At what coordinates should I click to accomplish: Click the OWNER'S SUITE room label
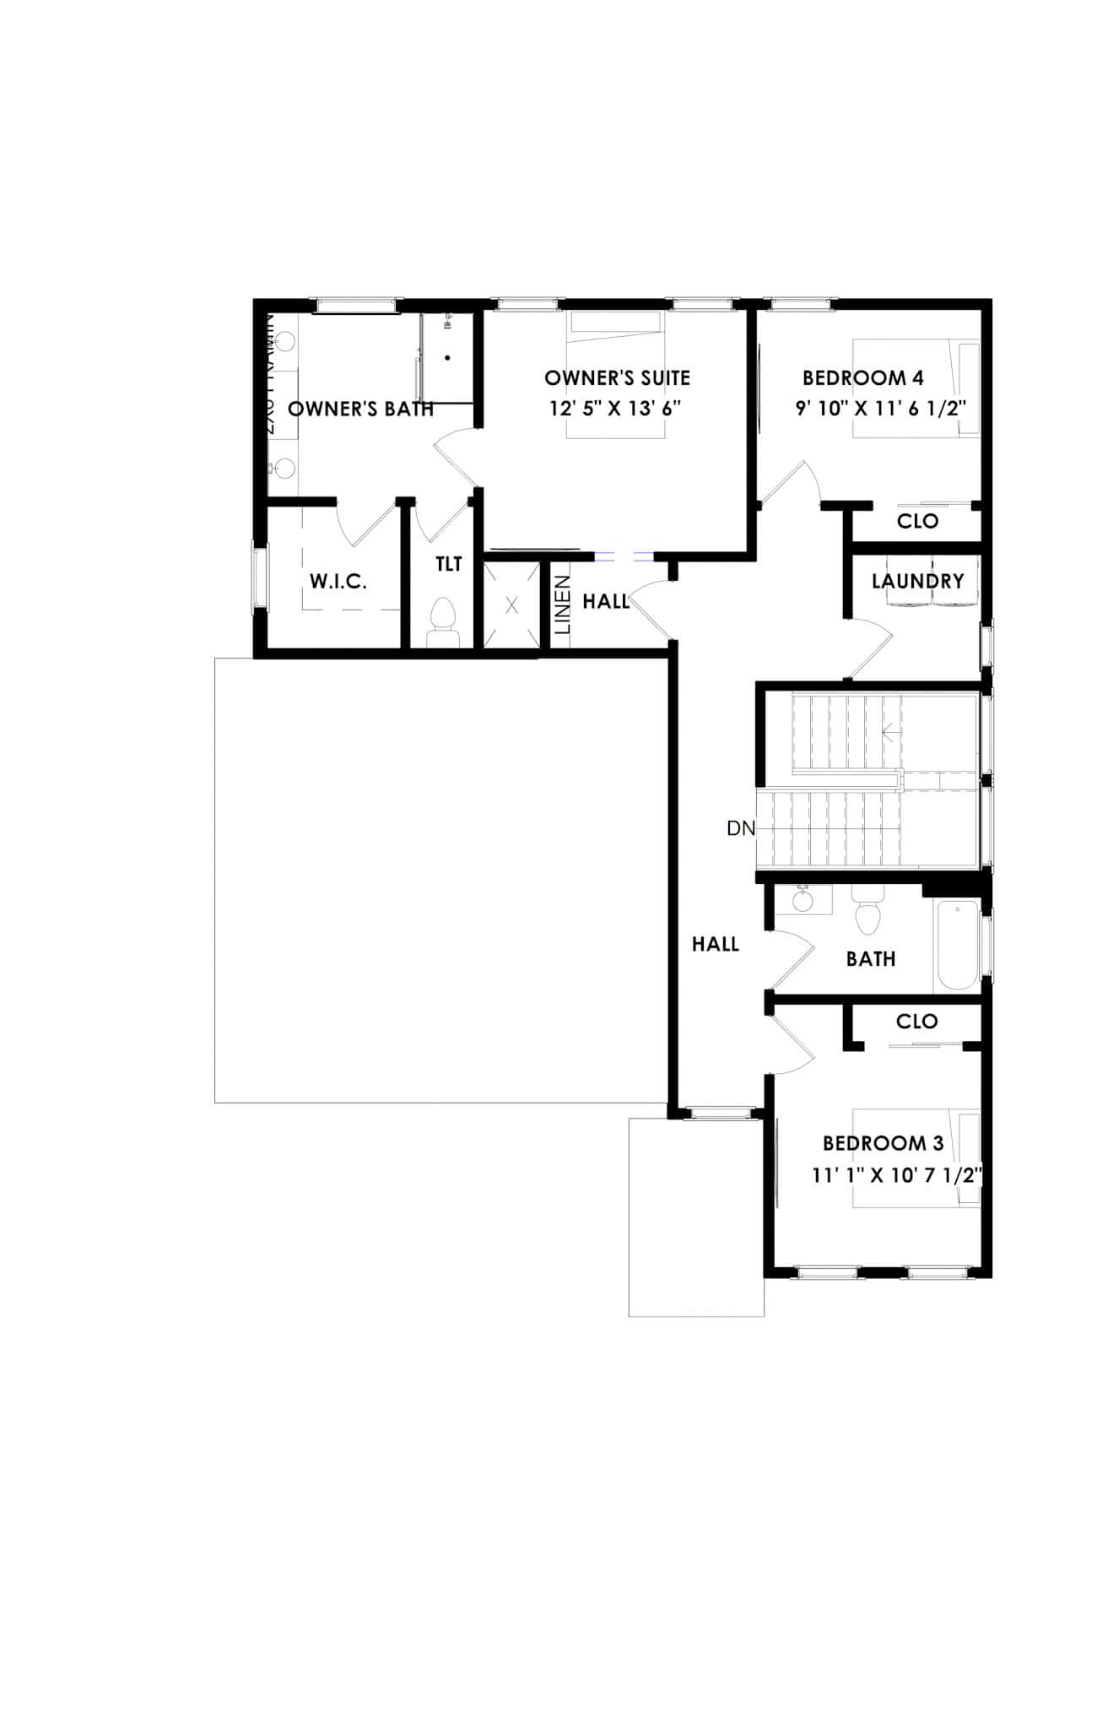pos(617,377)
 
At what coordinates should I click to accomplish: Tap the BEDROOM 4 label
pos(863,377)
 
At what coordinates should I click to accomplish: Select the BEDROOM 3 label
pos(883,1143)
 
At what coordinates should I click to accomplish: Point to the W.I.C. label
pos(338,581)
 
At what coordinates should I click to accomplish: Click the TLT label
pos(449,563)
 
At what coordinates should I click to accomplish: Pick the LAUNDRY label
pos(917,581)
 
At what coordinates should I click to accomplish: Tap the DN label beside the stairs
pos(741,828)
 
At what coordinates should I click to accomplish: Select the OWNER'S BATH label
pos(361,409)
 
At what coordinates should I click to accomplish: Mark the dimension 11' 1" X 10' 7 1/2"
pos(898,1175)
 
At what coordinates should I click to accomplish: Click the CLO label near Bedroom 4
pos(917,521)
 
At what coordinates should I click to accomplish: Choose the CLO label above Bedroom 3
pos(916,1022)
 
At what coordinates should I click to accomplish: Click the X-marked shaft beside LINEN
pos(511,604)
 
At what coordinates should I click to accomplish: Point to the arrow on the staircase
pos(888,731)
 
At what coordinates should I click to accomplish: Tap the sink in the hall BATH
pos(802,900)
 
